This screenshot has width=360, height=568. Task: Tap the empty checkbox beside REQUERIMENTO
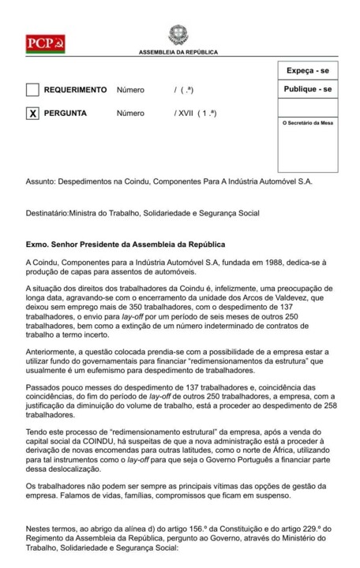pyautogui.click(x=32, y=90)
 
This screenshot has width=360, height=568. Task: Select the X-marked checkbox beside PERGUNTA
pyautogui.click(x=32, y=114)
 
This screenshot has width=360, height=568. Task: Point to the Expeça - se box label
pyautogui.click(x=306, y=71)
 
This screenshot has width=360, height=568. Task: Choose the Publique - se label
pyautogui.click(x=306, y=90)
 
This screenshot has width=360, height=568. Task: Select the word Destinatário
pyautogui.click(x=47, y=211)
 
